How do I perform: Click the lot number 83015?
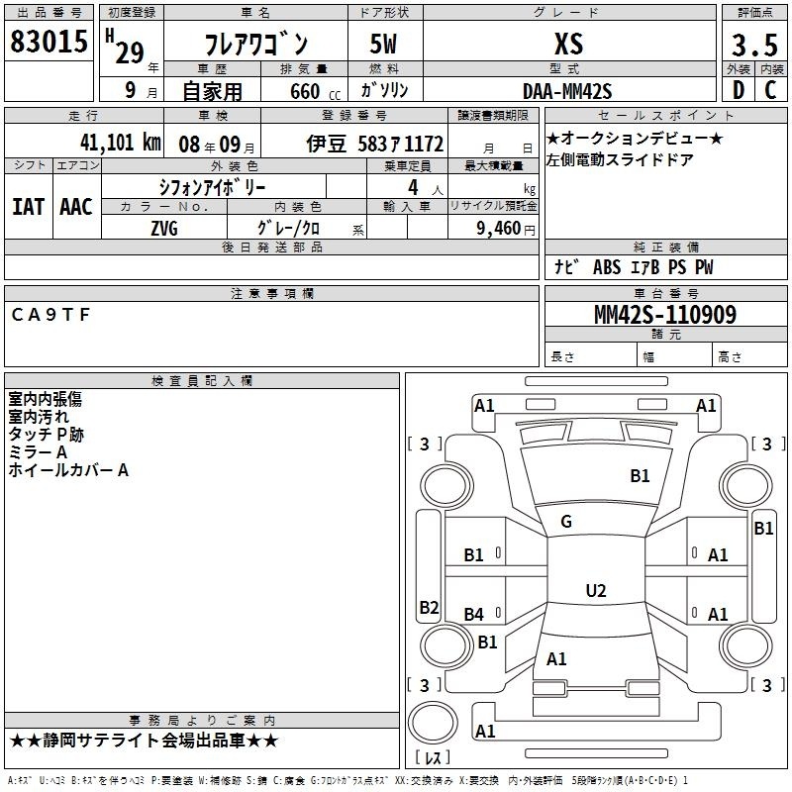49,41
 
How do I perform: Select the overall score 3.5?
754,45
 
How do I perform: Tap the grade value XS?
568,44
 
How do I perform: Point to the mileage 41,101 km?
120,143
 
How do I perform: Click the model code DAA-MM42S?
567,91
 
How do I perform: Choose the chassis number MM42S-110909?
665,315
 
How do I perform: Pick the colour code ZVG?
164,229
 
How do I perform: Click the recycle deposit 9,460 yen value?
505,229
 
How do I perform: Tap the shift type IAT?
29,207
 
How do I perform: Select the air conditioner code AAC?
76,207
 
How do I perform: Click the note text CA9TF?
50,315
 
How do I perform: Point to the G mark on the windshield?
566,522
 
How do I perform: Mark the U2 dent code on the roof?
596,590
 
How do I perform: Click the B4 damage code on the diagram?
474,614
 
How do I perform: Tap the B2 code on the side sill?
429,607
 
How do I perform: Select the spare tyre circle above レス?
433,723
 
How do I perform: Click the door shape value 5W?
383,44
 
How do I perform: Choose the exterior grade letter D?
739,90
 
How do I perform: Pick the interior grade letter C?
770,90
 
